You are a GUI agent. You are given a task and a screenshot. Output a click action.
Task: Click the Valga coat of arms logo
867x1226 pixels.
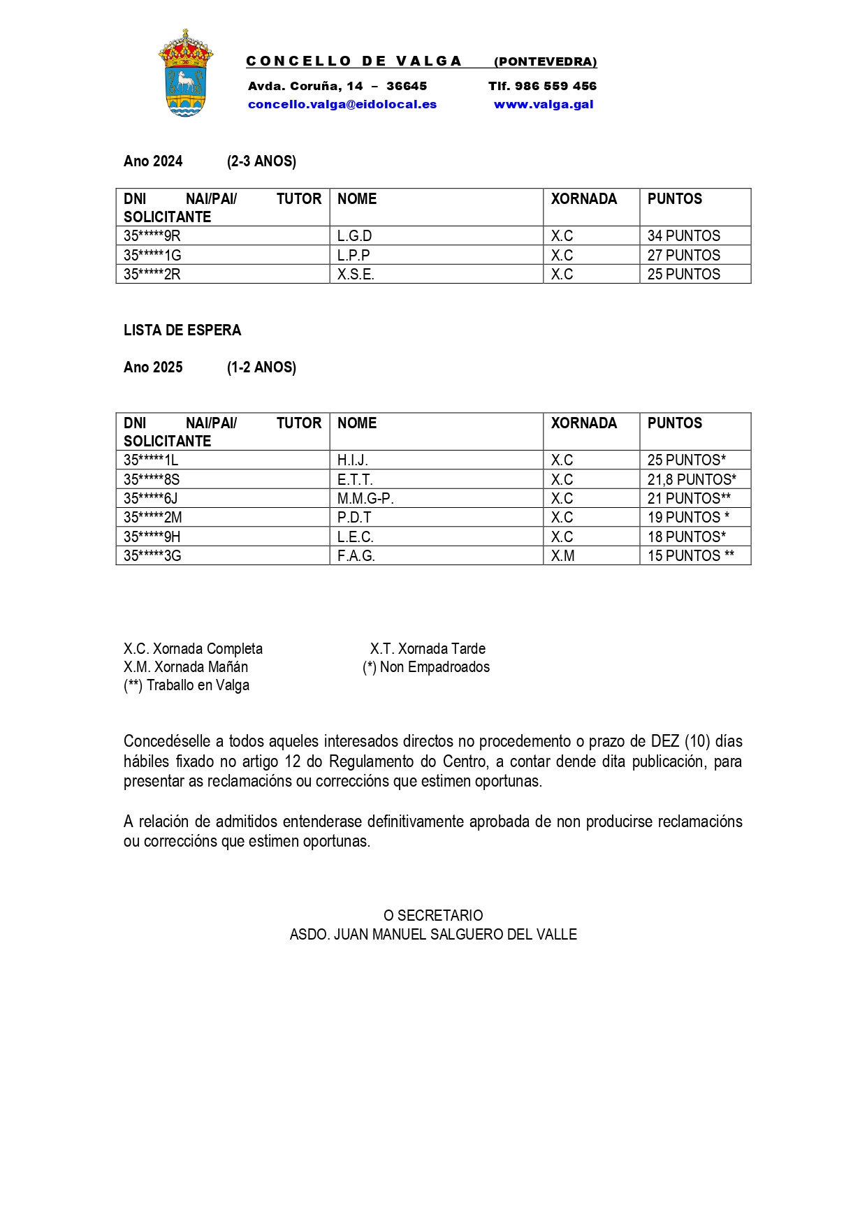(x=185, y=73)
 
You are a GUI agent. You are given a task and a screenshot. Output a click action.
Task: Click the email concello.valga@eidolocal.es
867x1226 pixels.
(x=342, y=105)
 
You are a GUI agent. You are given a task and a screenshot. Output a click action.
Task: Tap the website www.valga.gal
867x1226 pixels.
(x=544, y=105)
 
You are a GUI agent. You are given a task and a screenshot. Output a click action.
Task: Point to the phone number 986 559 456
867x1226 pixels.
(x=555, y=87)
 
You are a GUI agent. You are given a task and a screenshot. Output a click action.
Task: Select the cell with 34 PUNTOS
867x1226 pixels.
(x=683, y=236)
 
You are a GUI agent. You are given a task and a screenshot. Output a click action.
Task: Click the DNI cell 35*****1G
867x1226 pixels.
(x=152, y=256)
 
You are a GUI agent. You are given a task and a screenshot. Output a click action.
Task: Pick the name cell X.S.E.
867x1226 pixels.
(x=356, y=275)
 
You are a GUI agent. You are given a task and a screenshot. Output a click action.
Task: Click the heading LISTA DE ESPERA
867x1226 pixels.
(x=182, y=330)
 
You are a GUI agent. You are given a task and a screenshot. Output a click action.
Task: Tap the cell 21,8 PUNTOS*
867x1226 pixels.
(x=692, y=480)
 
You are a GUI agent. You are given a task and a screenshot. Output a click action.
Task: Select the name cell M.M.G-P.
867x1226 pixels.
(x=365, y=499)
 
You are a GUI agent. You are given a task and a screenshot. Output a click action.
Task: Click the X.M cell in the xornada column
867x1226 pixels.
(x=562, y=556)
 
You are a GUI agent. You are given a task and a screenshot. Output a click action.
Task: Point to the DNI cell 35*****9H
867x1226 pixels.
(x=152, y=537)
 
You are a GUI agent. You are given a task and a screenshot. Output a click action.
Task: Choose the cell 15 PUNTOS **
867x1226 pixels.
(x=690, y=556)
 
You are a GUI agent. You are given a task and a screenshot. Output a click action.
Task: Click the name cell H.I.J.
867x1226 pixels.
(x=352, y=460)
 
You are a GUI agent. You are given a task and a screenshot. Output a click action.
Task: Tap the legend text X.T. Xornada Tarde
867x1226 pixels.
(x=428, y=649)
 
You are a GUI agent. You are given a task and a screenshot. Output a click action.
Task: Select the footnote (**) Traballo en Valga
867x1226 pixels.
(x=187, y=685)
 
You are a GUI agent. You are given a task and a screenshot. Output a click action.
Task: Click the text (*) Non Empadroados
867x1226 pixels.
(x=426, y=667)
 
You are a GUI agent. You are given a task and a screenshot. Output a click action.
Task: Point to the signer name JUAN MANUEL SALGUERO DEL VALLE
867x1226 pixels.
(x=455, y=935)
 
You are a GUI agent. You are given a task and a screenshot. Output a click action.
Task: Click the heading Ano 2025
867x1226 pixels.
(x=153, y=367)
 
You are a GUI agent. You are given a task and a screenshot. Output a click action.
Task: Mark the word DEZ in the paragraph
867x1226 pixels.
(x=664, y=741)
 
